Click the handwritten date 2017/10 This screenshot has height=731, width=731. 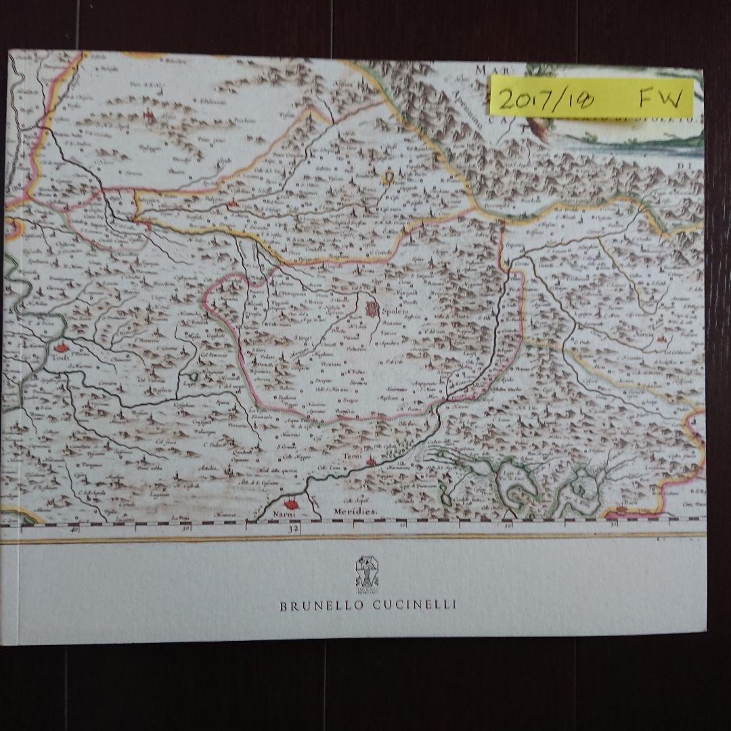coord(546,101)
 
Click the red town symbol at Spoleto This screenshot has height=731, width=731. coord(371,310)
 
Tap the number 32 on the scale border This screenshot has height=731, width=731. coord(294,530)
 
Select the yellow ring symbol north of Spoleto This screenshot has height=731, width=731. coord(389,178)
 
